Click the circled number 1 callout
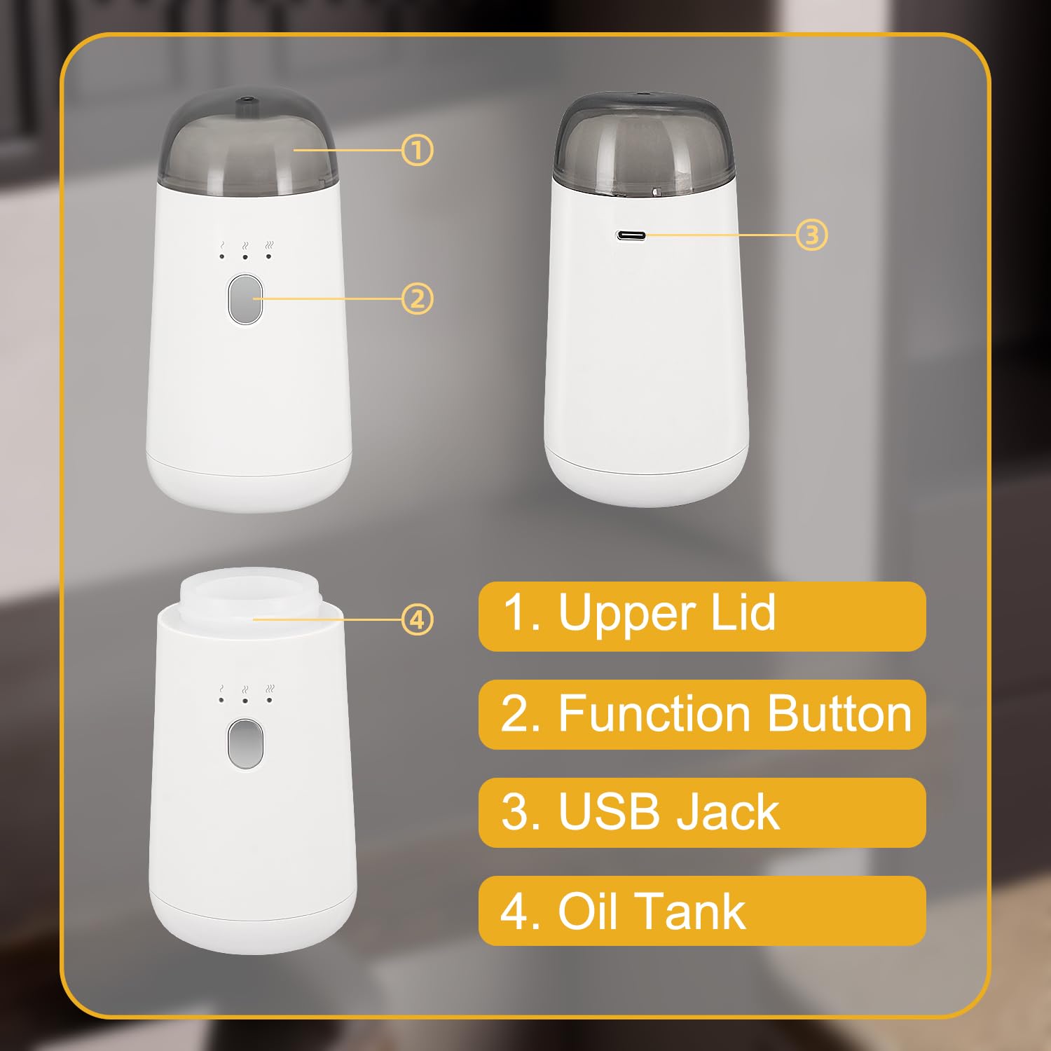418,150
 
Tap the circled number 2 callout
418,299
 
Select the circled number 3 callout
812,235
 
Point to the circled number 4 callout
418,619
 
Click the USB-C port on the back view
631,235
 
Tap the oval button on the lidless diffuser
245,743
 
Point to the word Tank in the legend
689,911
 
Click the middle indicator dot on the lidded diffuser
245,257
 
